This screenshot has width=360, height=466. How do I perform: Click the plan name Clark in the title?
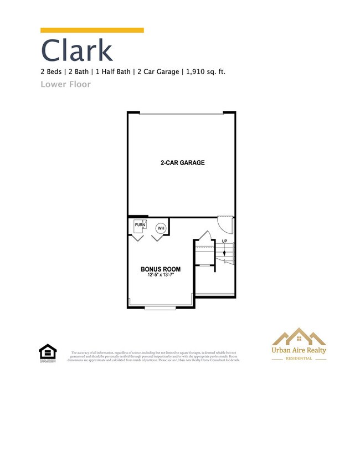click(76, 50)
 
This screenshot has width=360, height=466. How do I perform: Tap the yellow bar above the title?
click(92, 30)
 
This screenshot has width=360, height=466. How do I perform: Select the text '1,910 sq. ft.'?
click(205, 71)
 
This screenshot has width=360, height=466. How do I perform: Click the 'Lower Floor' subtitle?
click(65, 84)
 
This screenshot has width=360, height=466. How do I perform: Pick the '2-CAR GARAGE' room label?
click(182, 163)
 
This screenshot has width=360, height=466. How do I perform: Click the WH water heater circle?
click(161, 228)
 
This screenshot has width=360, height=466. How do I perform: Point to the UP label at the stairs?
click(224, 241)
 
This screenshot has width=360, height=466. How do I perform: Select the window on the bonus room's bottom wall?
click(161, 307)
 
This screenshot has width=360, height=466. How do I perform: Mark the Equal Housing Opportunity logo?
click(47, 353)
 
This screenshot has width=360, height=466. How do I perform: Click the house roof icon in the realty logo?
click(298, 336)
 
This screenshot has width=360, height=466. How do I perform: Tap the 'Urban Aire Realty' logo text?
click(298, 350)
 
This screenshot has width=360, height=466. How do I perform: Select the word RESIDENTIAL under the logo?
click(298, 359)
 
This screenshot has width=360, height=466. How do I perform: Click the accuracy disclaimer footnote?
click(154, 356)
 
